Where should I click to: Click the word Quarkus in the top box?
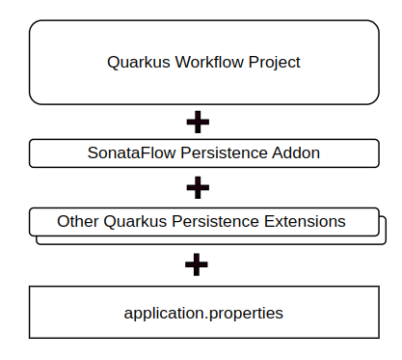[135, 63]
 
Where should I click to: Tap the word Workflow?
[200, 63]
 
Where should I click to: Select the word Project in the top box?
[269, 63]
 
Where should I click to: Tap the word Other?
[77, 221]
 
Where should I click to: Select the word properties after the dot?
[247, 314]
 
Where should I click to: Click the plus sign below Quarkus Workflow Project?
[197, 122]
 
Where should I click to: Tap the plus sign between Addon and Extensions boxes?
[197, 185]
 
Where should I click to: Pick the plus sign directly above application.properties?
[197, 263]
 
